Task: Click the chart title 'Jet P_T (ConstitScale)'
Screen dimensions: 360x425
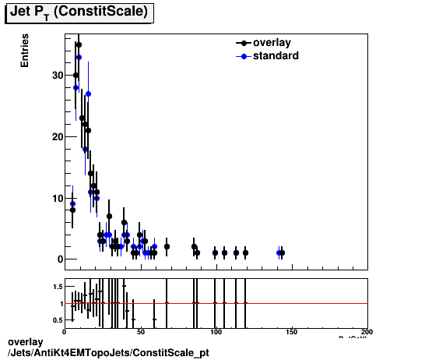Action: [x=79, y=12]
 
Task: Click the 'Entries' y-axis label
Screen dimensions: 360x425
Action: [x=25, y=51]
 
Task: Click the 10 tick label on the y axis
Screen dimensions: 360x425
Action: [x=56, y=198]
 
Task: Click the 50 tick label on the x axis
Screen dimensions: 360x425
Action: [x=140, y=331]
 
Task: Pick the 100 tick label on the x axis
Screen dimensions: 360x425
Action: [x=216, y=331]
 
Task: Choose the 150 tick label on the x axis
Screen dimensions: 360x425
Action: [x=292, y=331]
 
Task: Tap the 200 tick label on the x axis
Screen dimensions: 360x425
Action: [x=367, y=331]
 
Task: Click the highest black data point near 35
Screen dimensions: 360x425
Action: [x=79, y=44]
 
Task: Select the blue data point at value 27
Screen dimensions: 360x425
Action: [x=89, y=94]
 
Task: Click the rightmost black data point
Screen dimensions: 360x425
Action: [x=282, y=252]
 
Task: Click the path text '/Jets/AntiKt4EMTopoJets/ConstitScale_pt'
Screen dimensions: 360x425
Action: [x=107, y=353]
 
